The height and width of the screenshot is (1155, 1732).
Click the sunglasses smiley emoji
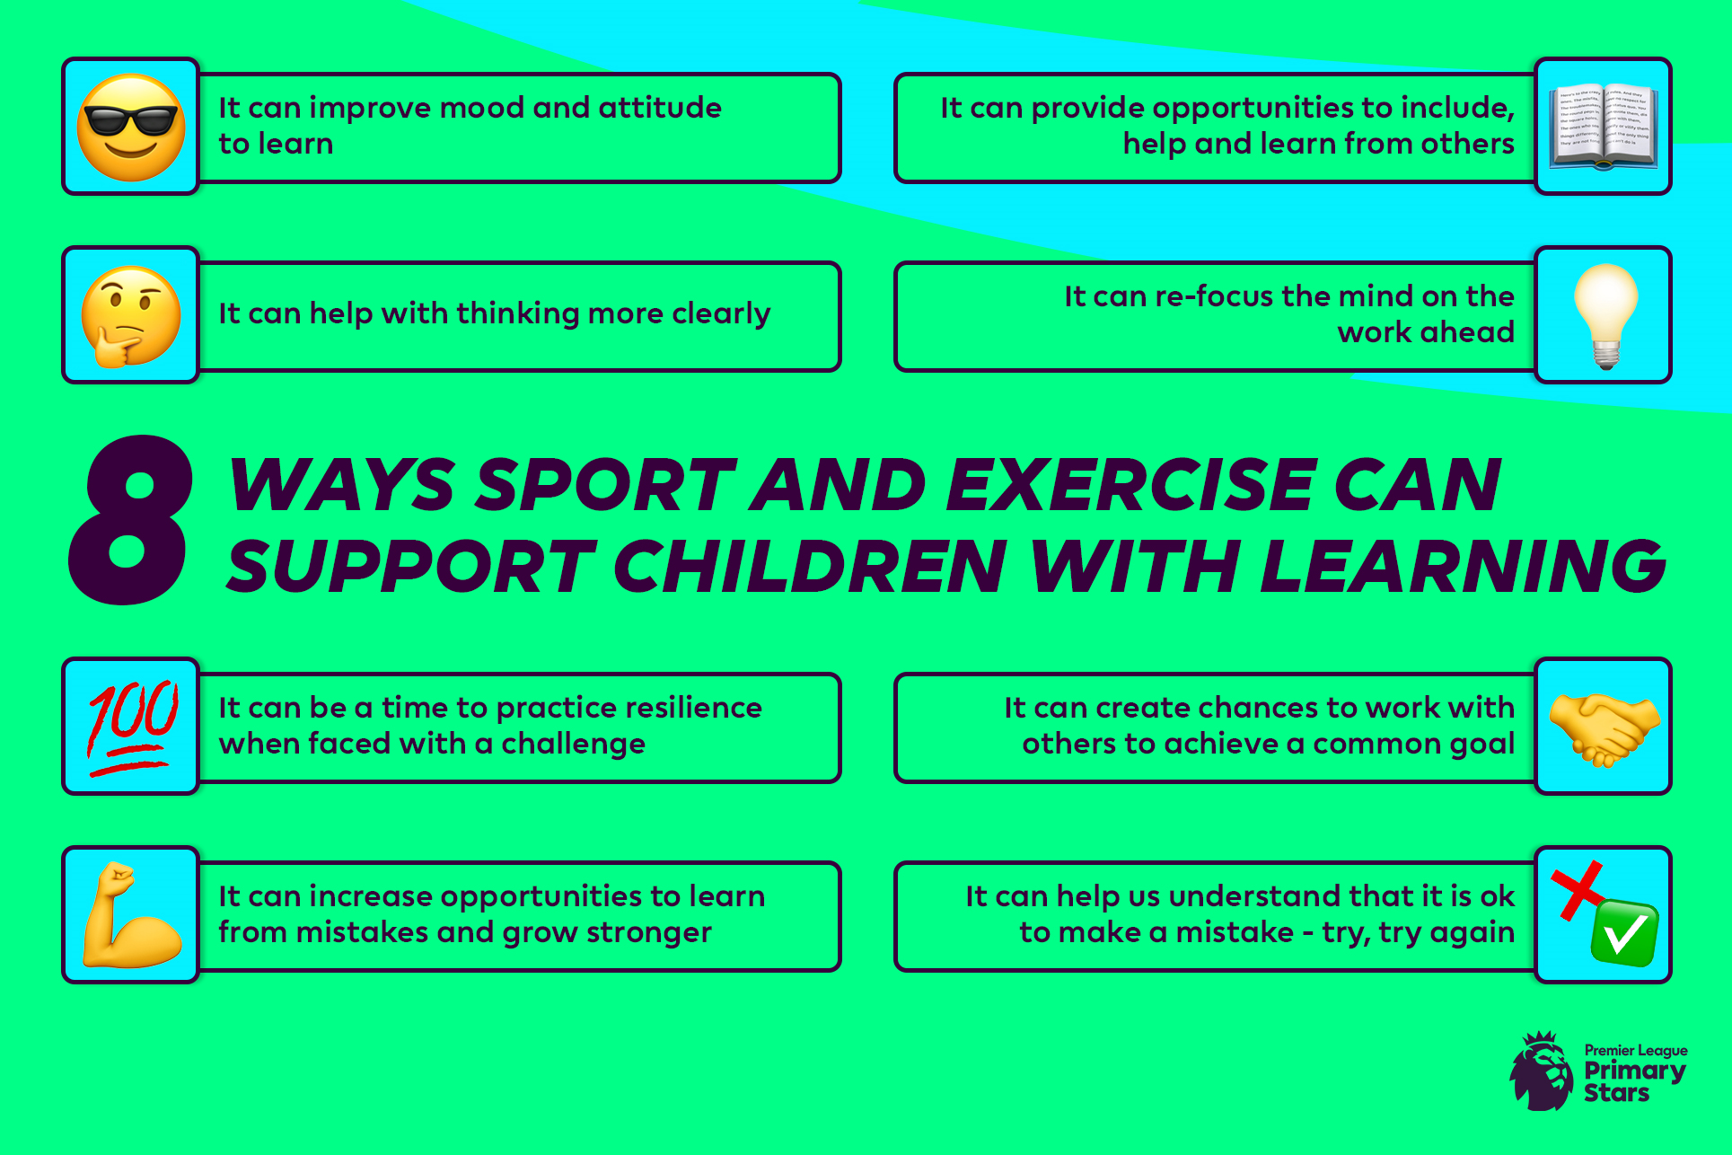pos(131,128)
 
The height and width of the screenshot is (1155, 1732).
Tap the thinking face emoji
pos(130,316)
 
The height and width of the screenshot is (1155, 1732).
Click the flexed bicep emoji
pos(132,915)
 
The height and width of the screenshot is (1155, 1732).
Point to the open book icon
pos(1604,128)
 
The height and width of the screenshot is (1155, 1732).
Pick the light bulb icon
pos(1605,316)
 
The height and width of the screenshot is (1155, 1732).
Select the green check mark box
pos(1624,932)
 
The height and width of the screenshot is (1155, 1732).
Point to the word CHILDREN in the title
pos(810,567)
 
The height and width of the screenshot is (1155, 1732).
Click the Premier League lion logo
pos(1542,1071)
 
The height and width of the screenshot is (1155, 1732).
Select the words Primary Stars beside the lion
pos(1635,1081)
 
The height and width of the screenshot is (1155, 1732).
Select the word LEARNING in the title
pos(1464,567)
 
